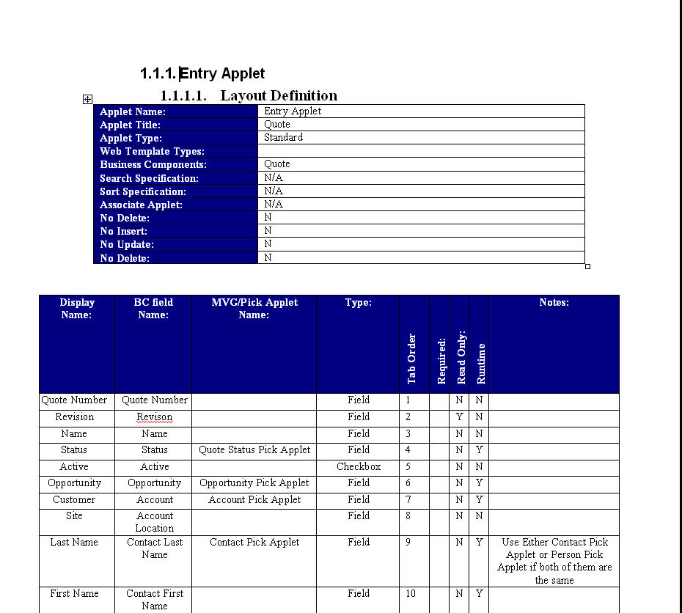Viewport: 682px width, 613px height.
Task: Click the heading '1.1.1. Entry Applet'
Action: (x=202, y=73)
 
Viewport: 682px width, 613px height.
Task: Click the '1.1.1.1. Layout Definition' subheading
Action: (x=249, y=95)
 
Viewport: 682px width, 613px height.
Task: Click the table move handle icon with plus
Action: (x=87, y=99)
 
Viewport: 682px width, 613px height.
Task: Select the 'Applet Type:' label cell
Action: (x=131, y=138)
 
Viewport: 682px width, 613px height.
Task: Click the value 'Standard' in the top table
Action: (x=283, y=138)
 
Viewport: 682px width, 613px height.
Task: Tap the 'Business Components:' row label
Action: (x=153, y=165)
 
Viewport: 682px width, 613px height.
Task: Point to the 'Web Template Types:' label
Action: (x=152, y=152)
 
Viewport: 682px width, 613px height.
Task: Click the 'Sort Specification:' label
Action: (x=143, y=191)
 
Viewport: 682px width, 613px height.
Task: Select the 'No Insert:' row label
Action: (x=124, y=232)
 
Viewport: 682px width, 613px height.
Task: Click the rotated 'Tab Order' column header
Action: (x=412, y=359)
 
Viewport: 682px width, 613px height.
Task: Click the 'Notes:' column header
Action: (x=554, y=302)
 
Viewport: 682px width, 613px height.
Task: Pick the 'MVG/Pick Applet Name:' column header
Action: (x=254, y=308)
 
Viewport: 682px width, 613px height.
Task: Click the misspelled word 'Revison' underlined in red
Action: (x=154, y=417)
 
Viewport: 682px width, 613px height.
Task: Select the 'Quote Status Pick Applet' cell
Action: (x=254, y=450)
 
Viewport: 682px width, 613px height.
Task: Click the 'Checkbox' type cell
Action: (x=359, y=467)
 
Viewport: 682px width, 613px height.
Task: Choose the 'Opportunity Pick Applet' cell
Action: (x=254, y=483)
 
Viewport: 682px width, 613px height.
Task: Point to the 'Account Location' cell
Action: (x=155, y=522)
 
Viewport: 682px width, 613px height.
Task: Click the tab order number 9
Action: (x=408, y=543)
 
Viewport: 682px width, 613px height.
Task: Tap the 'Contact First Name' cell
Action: (x=155, y=600)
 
